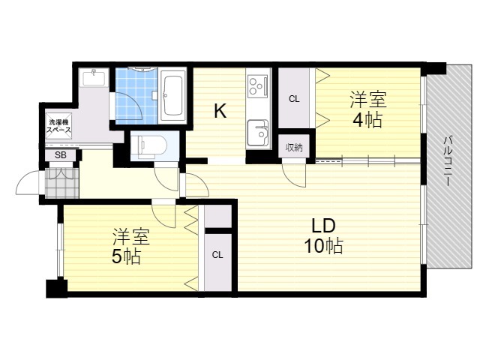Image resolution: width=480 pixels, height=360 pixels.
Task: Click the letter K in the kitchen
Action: (220, 111)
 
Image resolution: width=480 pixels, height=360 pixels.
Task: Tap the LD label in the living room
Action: (323, 226)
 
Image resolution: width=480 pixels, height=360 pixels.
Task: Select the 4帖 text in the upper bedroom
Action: (367, 120)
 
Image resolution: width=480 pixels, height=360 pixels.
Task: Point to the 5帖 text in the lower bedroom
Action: (127, 256)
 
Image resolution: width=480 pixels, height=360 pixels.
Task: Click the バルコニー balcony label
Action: (447, 161)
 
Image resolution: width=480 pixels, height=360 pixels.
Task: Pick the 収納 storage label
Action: (294, 148)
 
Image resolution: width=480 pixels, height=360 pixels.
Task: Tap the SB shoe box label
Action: (61, 155)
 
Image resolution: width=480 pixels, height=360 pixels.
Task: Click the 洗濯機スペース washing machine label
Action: (58, 126)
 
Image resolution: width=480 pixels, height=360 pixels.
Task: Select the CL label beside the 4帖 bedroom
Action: (294, 99)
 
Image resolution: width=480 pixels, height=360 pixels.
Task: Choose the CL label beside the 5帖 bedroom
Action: (217, 255)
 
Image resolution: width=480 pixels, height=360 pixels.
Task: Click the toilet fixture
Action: (149, 145)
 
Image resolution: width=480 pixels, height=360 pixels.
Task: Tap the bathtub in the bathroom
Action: (173, 95)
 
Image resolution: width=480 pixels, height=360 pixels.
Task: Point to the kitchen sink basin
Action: (258, 133)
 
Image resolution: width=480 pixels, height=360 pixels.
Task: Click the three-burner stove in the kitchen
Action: (258, 86)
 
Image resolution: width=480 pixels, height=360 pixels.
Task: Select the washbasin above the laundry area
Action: (94, 78)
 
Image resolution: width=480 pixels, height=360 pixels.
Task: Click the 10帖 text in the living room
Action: (323, 246)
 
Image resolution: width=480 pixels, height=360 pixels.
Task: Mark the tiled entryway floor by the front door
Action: (62, 183)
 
